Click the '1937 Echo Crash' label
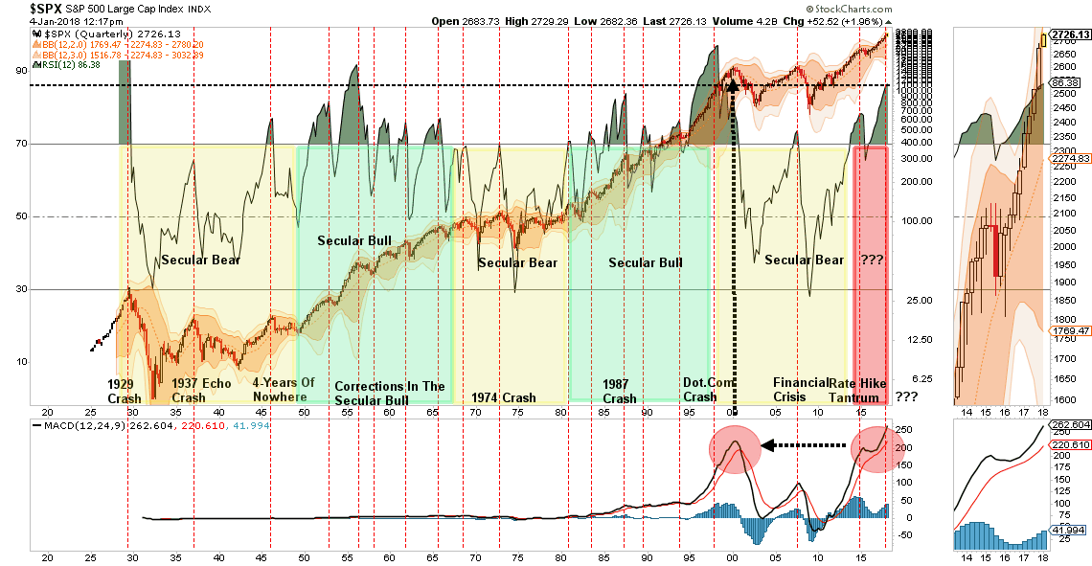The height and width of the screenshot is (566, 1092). [201, 390]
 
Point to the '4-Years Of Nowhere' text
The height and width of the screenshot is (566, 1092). [284, 390]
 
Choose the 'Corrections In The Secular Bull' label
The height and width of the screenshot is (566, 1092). [390, 394]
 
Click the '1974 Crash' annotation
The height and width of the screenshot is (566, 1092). [504, 397]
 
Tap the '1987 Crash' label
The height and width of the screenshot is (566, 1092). [619, 390]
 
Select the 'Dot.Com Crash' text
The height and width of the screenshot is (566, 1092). [699, 390]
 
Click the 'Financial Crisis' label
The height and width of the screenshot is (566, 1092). [801, 390]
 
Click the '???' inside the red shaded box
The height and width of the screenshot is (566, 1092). [871, 260]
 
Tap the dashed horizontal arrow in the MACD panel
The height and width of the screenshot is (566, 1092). [805, 444]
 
